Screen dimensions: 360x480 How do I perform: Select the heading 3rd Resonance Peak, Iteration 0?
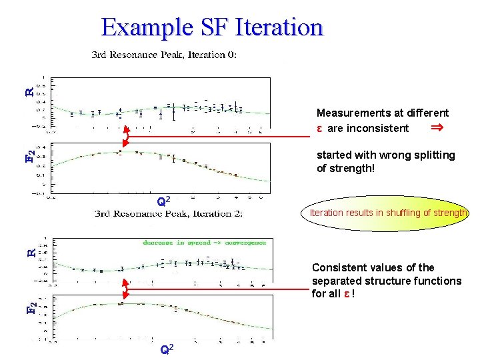(163, 55)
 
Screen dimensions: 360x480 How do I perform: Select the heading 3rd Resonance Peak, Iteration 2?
(169, 213)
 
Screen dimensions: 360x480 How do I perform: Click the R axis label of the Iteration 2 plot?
(30, 253)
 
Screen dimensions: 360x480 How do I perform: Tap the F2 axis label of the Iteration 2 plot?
(30, 309)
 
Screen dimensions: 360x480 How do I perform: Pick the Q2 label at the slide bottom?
(167, 350)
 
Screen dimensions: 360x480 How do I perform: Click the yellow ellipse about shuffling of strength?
(388, 213)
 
